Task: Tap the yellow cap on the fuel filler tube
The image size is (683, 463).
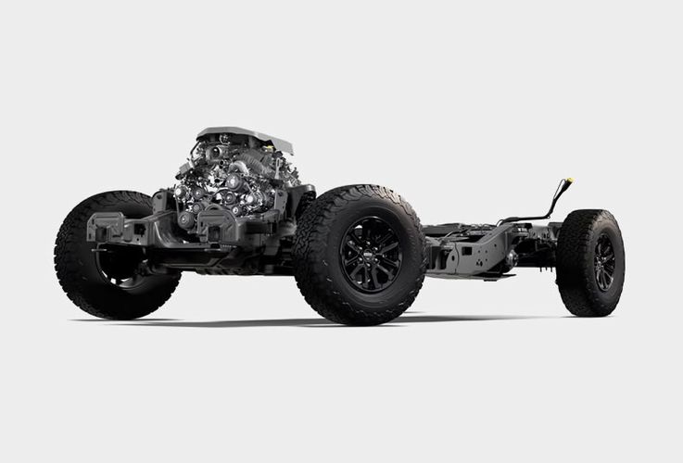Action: tap(568, 181)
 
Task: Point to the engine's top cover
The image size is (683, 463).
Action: tap(245, 138)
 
